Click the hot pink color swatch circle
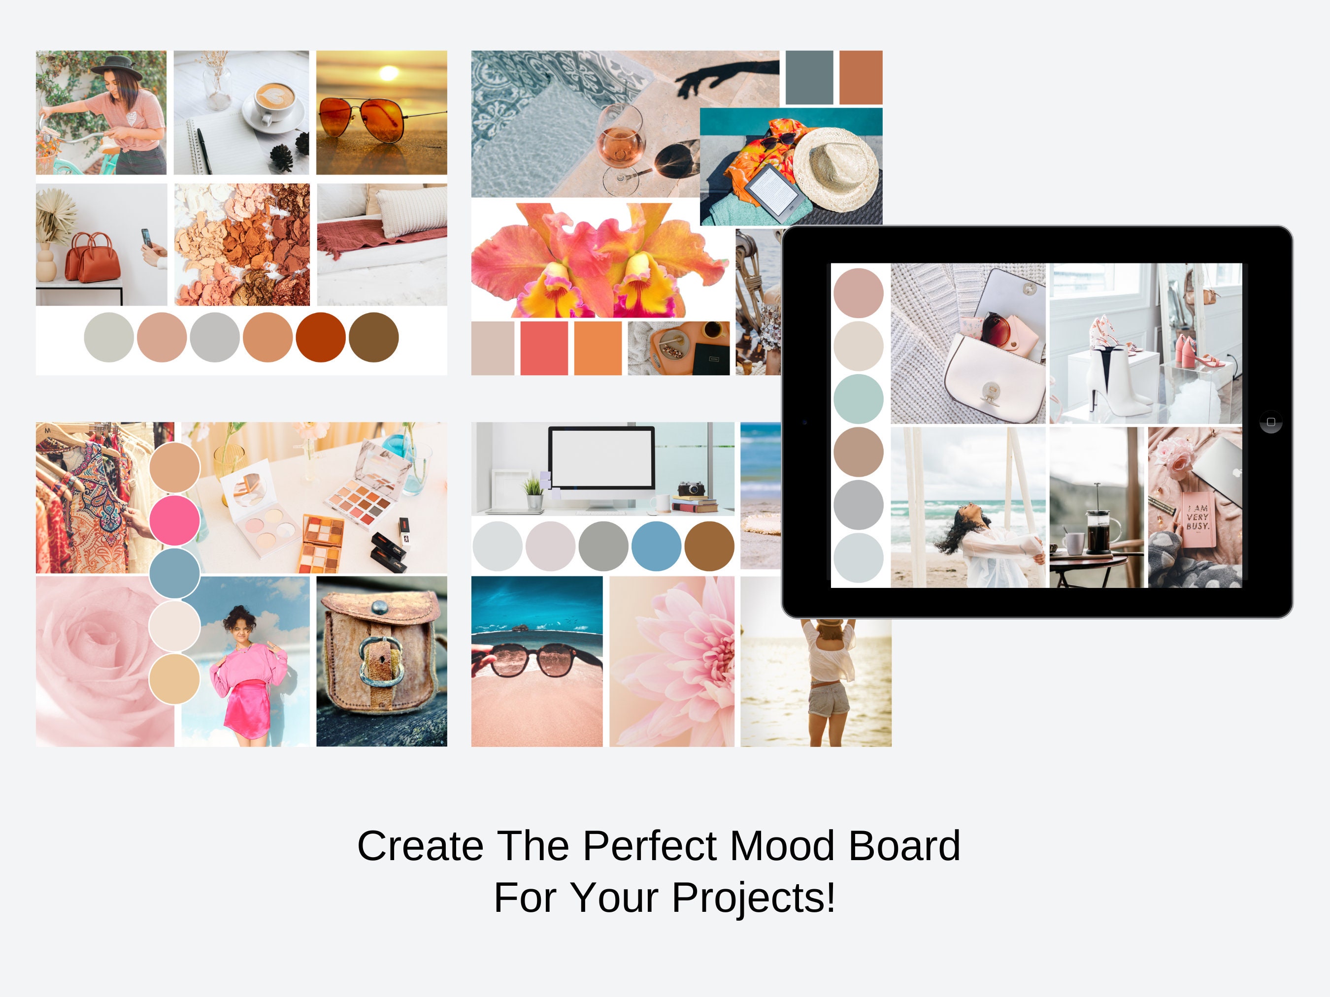(174, 520)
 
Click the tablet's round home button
(1270, 422)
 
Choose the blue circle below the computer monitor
(656, 546)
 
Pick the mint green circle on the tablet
(858, 398)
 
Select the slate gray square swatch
(809, 77)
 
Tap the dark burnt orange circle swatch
(321, 337)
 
